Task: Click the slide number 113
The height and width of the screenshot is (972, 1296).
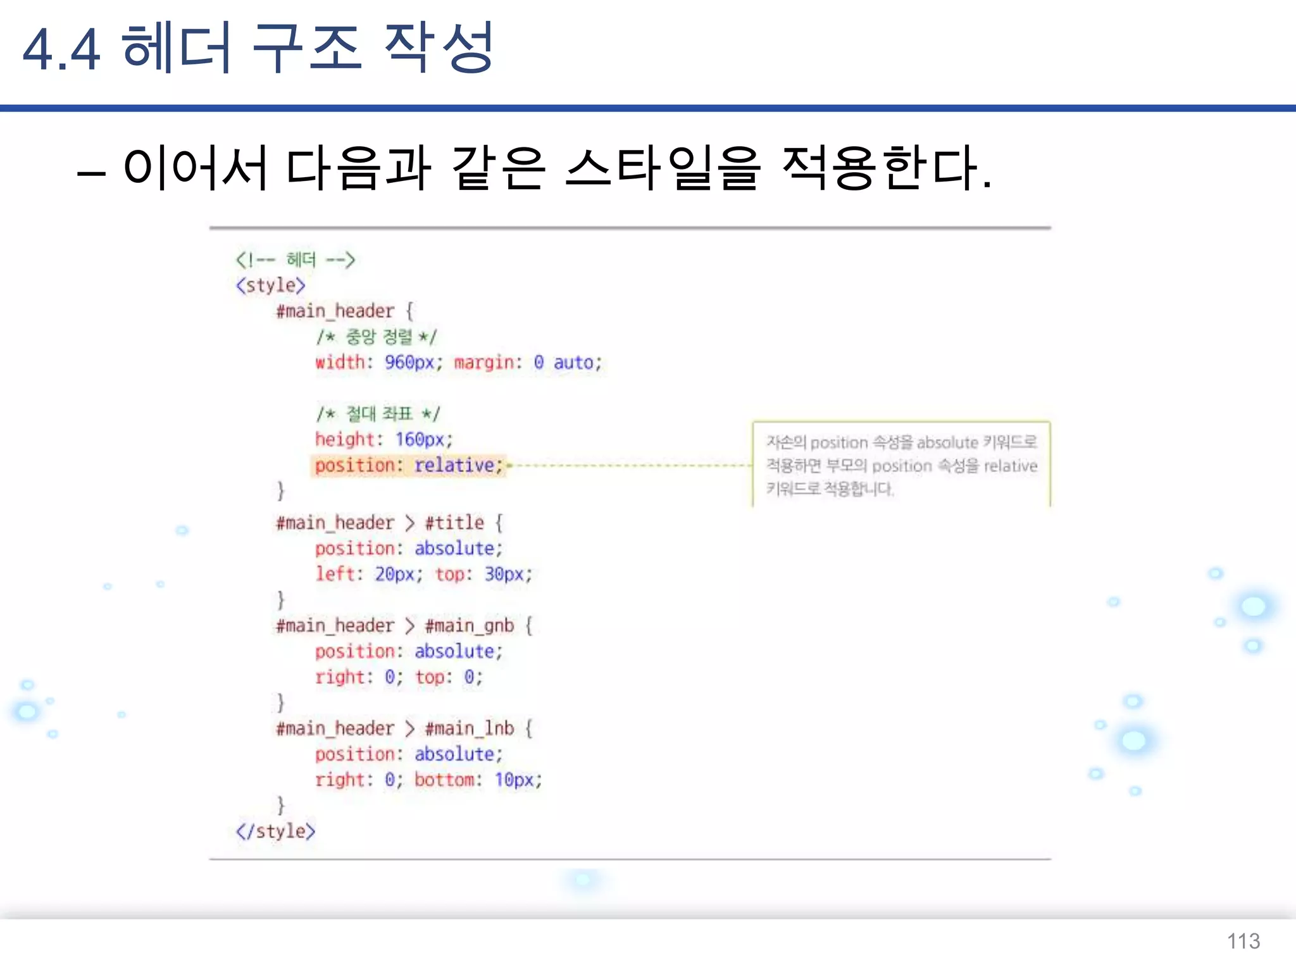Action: pyautogui.click(x=1243, y=941)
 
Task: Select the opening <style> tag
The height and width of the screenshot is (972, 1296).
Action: pyautogui.click(x=271, y=285)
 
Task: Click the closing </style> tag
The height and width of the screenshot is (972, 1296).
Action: pyautogui.click(x=275, y=831)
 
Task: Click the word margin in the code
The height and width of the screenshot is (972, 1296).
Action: pyautogui.click(x=484, y=363)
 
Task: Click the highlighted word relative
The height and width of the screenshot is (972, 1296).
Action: pyautogui.click(x=454, y=465)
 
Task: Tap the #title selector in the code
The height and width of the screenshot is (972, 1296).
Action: pyautogui.click(x=454, y=523)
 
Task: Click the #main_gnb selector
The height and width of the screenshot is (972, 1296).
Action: pyautogui.click(x=469, y=626)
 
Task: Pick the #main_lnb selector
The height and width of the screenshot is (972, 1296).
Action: pyautogui.click(x=469, y=728)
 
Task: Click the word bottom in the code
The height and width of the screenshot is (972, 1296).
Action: pyautogui.click(x=444, y=780)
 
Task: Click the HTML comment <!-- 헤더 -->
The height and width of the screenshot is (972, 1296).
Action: pyautogui.click(x=295, y=259)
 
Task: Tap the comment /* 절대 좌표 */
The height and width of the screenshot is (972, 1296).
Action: pyautogui.click(x=378, y=414)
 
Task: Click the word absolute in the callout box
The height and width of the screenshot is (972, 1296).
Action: pyautogui.click(x=947, y=442)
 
